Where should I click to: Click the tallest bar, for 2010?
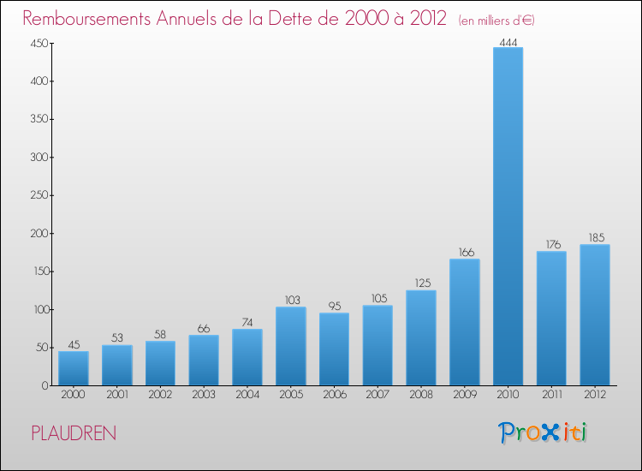[508, 216]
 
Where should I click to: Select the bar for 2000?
[74, 368]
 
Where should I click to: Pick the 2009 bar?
[465, 322]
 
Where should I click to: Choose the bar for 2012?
[595, 314]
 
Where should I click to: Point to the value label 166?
[465, 253]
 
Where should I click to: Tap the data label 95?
[334, 307]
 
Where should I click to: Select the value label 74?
[247, 323]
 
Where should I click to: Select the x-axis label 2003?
[204, 395]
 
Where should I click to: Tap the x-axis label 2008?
[421, 395]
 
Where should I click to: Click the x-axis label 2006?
[334, 395]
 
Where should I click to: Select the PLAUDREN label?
[74, 433]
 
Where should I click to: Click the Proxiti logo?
[544, 432]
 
